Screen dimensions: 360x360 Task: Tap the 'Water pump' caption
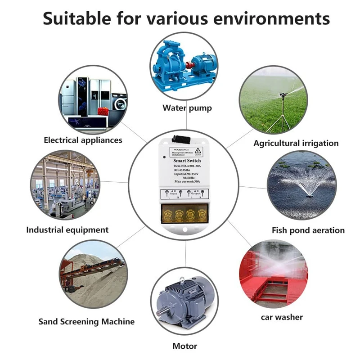pyautogui.click(x=187, y=108)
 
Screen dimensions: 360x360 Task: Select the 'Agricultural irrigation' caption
pyautogui.click(x=296, y=143)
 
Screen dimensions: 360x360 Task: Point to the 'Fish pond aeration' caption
pyautogui.click(x=308, y=230)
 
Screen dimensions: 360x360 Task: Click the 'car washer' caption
pyautogui.click(x=282, y=317)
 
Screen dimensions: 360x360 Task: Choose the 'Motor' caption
pyautogui.click(x=184, y=346)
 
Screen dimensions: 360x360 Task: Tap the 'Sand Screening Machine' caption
pyautogui.click(x=86, y=322)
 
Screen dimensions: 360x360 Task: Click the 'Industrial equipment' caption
pyautogui.click(x=67, y=230)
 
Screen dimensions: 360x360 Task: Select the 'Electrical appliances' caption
pyautogui.click(x=83, y=140)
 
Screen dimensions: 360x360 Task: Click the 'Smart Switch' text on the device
pyautogui.click(x=186, y=160)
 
